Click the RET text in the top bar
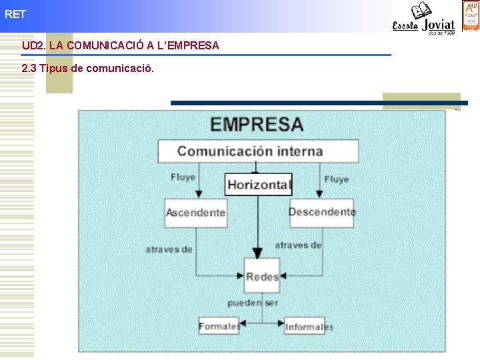(x=15, y=14)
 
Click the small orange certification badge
(x=469, y=15)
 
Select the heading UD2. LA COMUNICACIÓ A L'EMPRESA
(x=121, y=46)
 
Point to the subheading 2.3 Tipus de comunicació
(x=87, y=68)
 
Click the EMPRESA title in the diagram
(x=257, y=125)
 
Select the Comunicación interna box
(x=257, y=151)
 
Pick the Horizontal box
(x=259, y=185)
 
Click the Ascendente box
(x=195, y=213)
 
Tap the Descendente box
(x=321, y=212)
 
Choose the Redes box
(x=261, y=277)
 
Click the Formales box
(x=219, y=326)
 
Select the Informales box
(x=309, y=327)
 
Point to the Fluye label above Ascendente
(x=183, y=177)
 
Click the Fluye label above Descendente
(x=336, y=179)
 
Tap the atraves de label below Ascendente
(x=169, y=249)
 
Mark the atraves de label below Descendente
(x=298, y=245)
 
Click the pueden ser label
(x=252, y=303)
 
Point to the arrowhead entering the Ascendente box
(x=196, y=194)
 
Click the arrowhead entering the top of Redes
(x=258, y=254)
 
